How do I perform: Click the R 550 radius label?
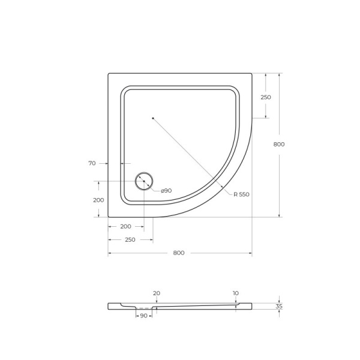pos(241,194)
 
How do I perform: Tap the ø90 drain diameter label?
pos(166,191)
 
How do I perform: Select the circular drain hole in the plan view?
pos(144,181)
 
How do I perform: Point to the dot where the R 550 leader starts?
pos(153,118)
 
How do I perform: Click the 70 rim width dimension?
pos(92,163)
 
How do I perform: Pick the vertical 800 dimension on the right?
pos(279,144)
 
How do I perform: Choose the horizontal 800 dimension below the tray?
pos(179,253)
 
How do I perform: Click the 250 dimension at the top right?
pos(266,97)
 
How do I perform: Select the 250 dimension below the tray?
pos(130,239)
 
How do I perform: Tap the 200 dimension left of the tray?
pos(98,200)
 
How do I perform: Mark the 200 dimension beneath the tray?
pos(125,227)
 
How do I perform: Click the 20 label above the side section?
pos(157,293)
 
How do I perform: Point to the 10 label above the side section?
pos(236,293)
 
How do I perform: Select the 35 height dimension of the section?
pos(279,307)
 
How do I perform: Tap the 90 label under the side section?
pos(143,316)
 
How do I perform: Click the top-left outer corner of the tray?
pos(109,74)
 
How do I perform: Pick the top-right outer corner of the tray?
pos(251,74)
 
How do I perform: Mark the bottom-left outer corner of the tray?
pos(109,217)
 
